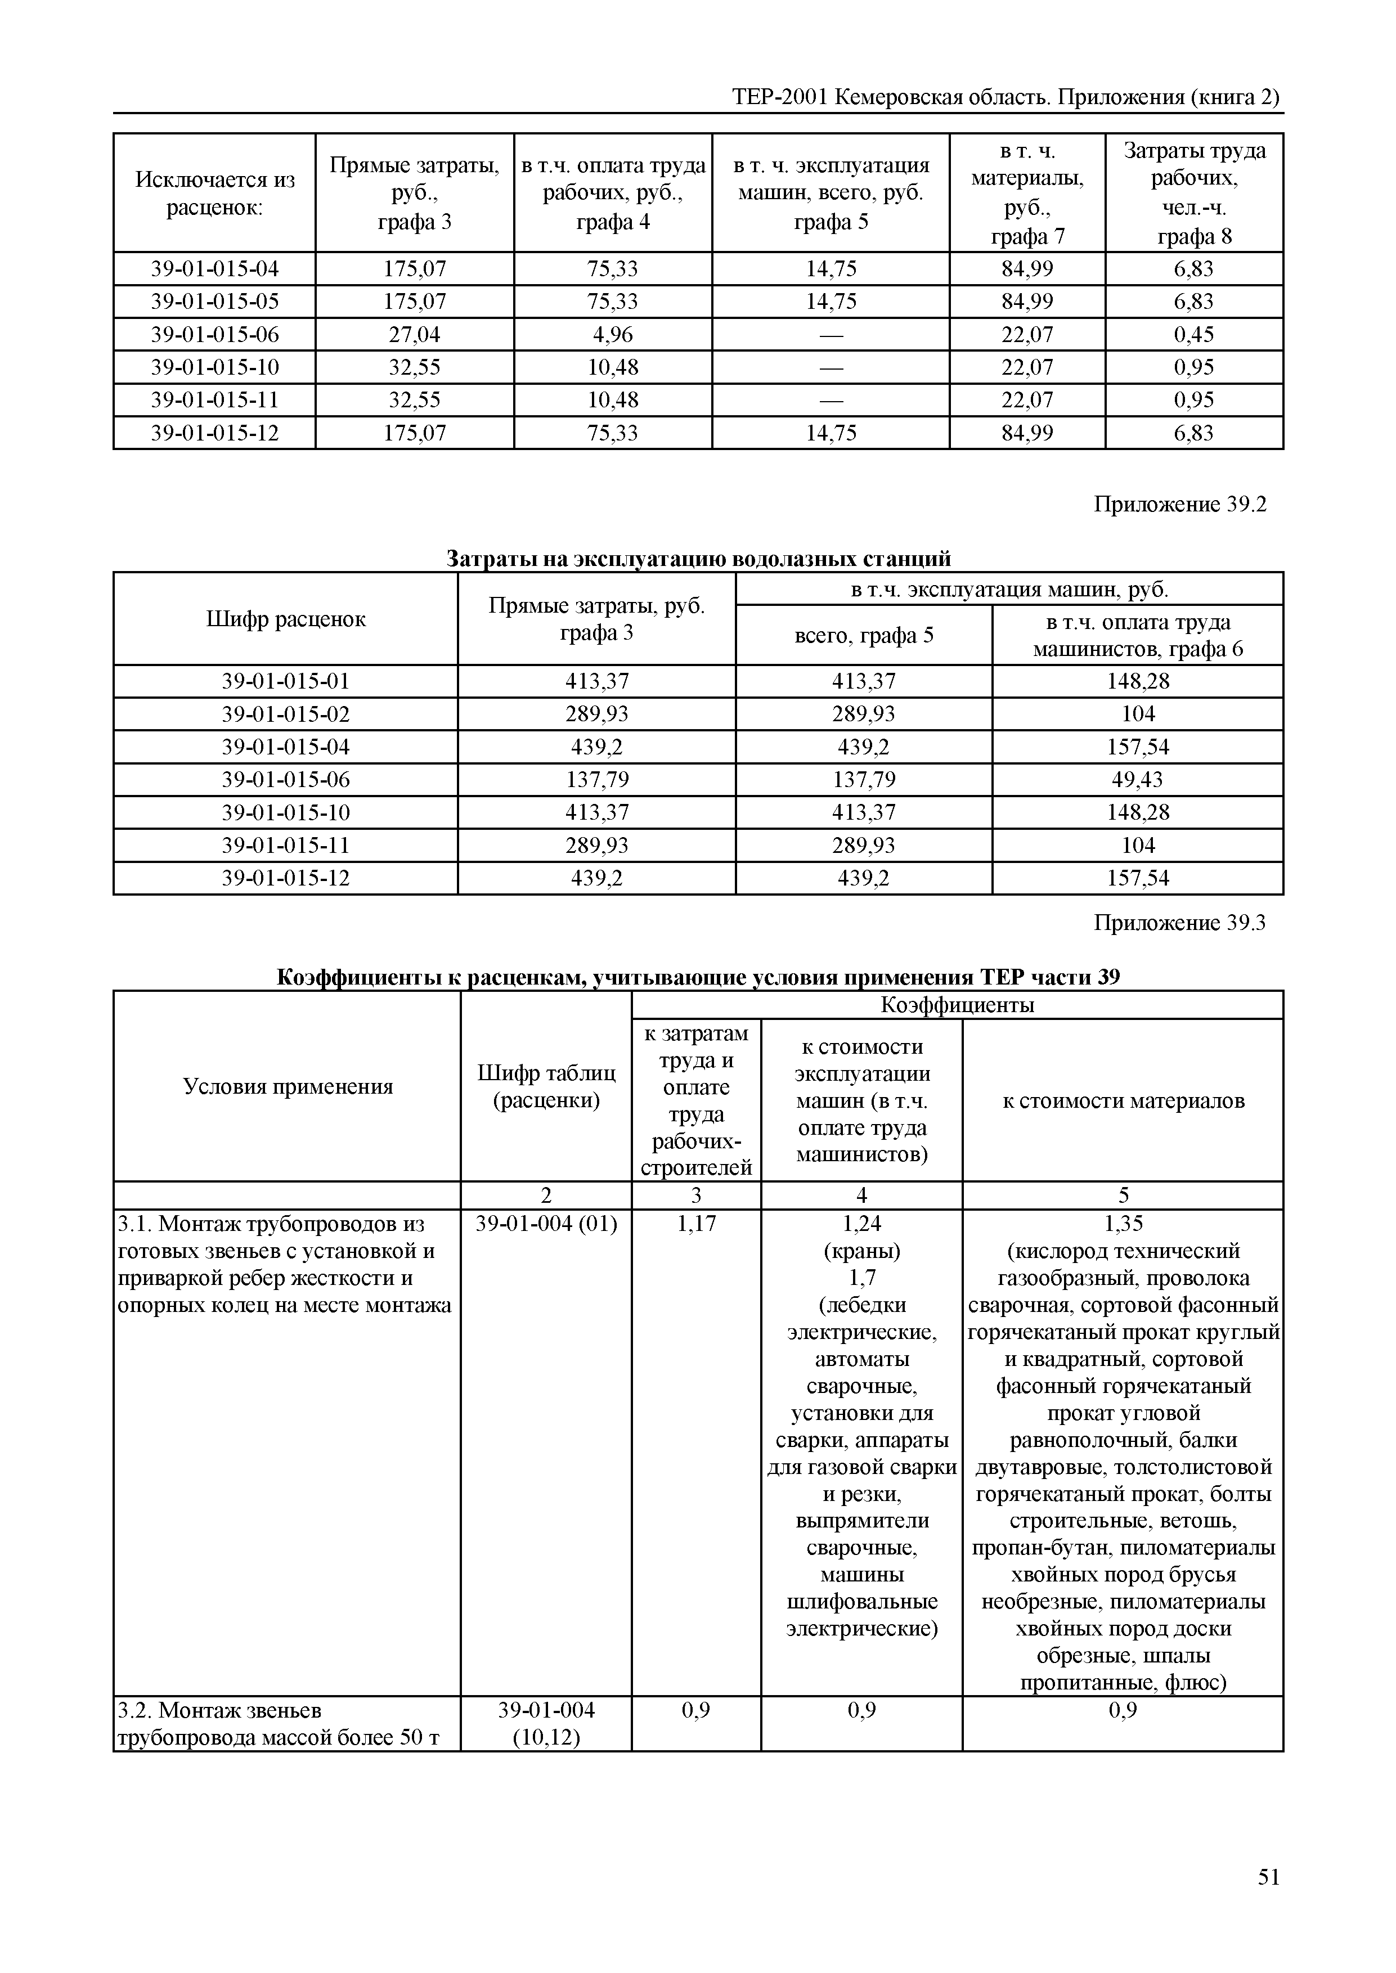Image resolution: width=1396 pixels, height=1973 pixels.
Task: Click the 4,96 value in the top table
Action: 612,334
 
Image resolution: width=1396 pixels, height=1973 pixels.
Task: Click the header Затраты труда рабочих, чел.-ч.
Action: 1194,194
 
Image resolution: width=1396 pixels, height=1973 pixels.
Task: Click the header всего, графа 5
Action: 863,636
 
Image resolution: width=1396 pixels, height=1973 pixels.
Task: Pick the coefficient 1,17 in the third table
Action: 695,1224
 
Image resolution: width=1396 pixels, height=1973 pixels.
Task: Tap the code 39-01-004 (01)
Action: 546,1224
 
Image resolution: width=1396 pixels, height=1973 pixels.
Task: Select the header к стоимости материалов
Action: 1123,1101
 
